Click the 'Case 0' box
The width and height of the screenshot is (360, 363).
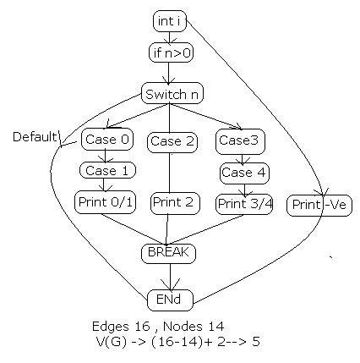(x=104, y=139)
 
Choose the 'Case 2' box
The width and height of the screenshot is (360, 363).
(x=172, y=141)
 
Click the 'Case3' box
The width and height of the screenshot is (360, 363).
(x=238, y=140)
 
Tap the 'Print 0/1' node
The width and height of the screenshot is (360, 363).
(x=104, y=204)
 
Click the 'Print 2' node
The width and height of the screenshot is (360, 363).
(x=172, y=203)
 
